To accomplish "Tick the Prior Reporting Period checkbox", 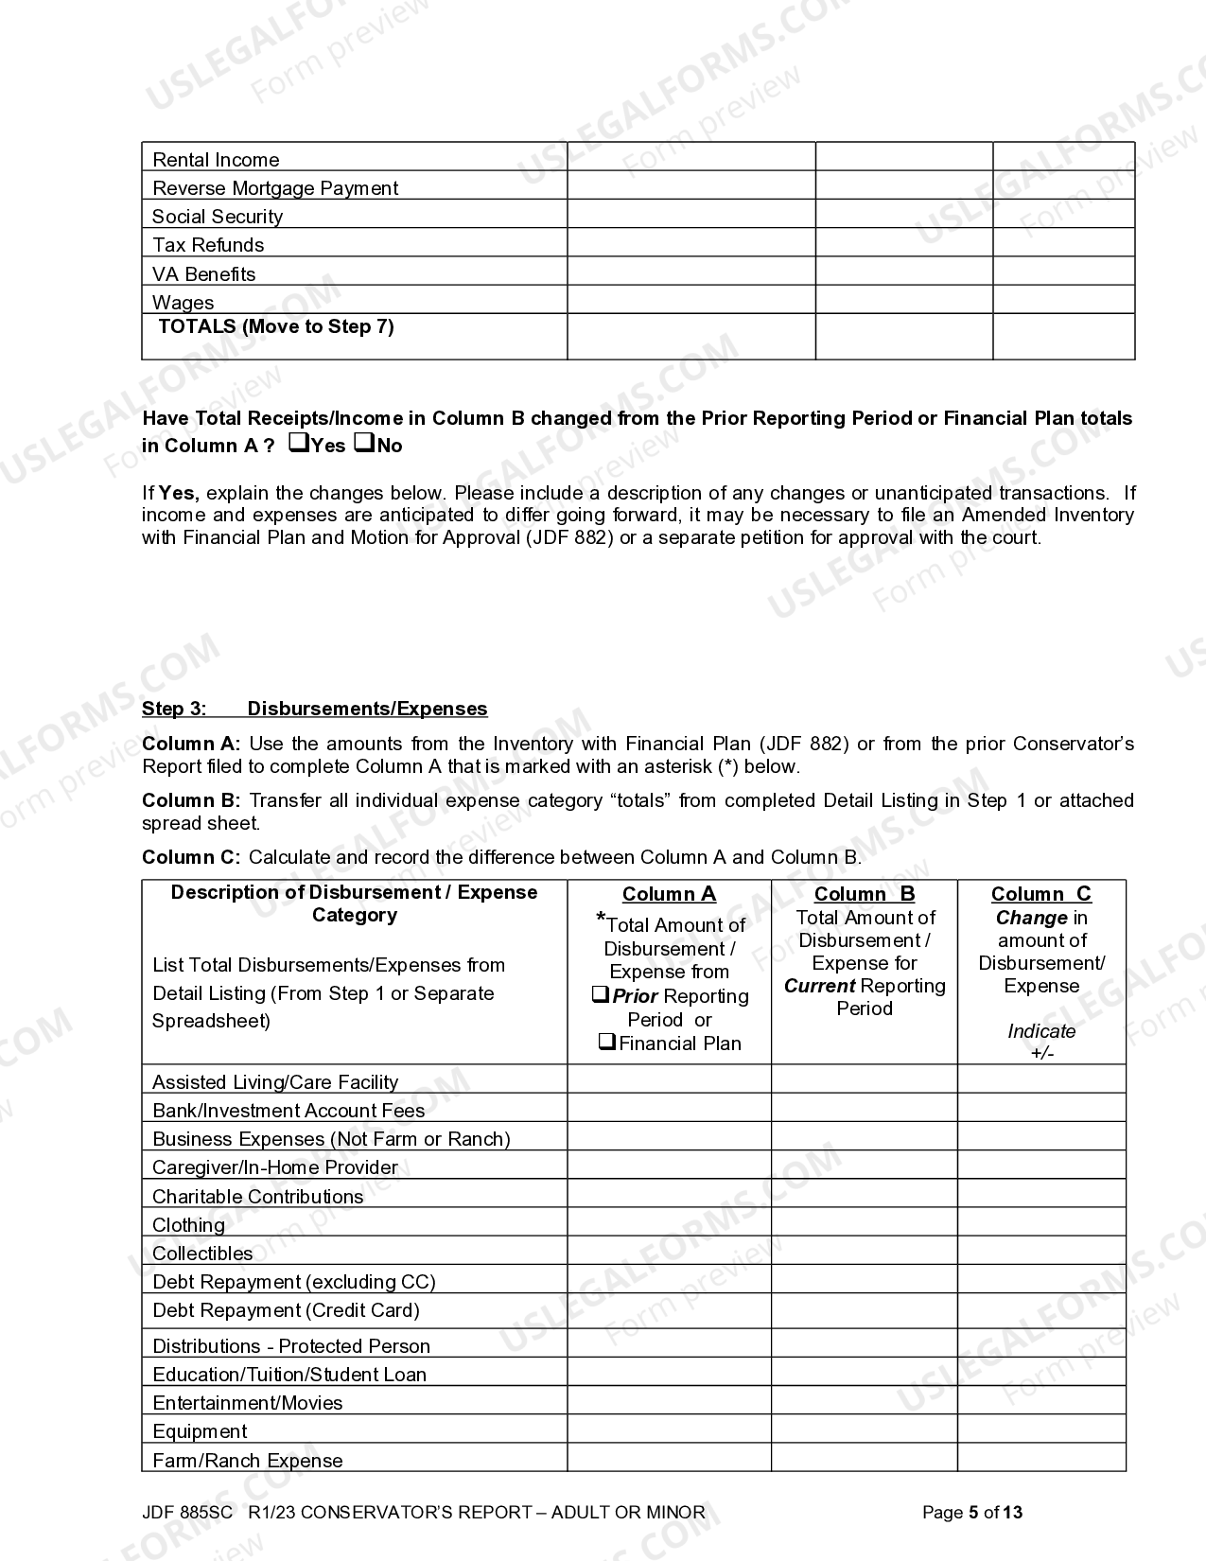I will [x=601, y=995].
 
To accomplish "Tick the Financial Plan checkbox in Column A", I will [x=607, y=1043].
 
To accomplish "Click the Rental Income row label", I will [x=216, y=160].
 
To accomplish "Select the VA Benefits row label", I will [x=203, y=274].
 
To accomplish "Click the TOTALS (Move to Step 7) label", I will [x=275, y=326].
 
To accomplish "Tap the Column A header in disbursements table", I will [x=669, y=894].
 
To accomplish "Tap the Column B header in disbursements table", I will [x=865, y=894].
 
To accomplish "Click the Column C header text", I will [x=1040, y=894].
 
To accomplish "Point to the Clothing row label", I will [x=188, y=1225].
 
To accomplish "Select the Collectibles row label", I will [x=202, y=1254].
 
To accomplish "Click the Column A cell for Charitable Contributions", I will [x=669, y=1193].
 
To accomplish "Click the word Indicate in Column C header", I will [x=1040, y=1031].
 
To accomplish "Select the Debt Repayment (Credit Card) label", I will [x=286, y=1310].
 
